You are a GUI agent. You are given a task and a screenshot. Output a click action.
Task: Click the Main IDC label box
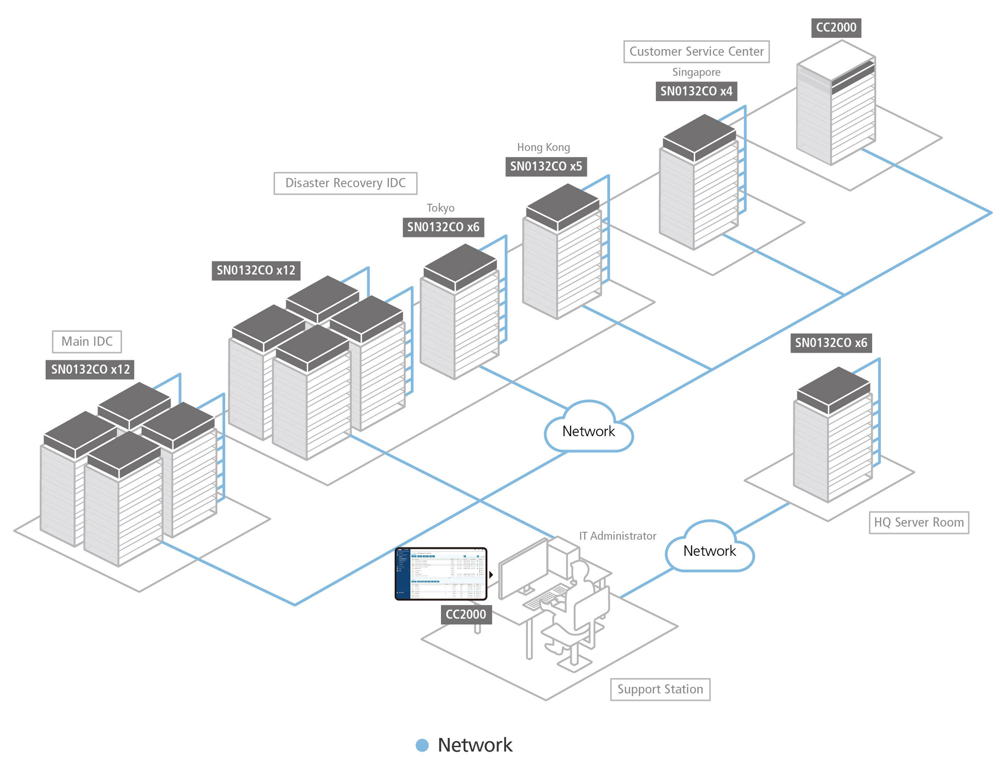(86, 341)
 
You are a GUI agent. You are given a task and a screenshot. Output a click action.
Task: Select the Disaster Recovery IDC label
(345, 183)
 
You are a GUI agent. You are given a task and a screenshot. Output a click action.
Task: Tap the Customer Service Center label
(696, 51)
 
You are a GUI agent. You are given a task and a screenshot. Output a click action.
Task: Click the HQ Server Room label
(918, 522)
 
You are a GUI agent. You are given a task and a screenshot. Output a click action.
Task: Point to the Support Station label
(660, 689)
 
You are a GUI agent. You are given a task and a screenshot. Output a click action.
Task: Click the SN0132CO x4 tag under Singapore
(696, 92)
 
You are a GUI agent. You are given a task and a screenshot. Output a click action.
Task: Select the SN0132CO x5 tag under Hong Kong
(546, 167)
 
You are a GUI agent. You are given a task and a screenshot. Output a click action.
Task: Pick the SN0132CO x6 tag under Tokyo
(443, 227)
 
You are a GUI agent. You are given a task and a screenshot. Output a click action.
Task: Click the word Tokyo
(440, 208)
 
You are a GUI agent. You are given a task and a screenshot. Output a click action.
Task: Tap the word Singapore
(696, 72)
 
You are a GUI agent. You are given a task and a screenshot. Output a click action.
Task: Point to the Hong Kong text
(543, 147)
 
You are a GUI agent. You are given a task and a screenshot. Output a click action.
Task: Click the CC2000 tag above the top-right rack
(836, 27)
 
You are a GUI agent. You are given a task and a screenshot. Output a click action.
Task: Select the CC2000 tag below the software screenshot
(465, 614)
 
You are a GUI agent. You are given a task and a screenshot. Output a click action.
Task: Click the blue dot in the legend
(422, 745)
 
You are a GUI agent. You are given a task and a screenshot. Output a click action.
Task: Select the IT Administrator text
(617, 536)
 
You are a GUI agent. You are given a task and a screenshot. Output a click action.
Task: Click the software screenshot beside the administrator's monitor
(441, 574)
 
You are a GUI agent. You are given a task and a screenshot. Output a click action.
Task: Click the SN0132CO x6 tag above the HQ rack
(831, 343)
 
